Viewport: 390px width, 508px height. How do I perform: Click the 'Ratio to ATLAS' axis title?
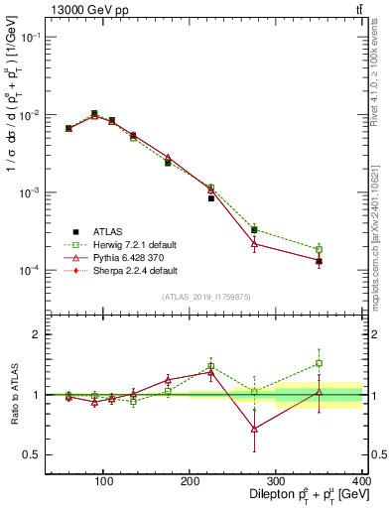tap(14, 394)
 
